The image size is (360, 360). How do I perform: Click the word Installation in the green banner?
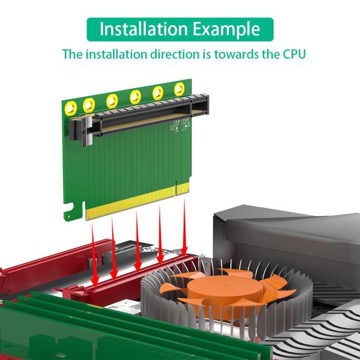point(142,29)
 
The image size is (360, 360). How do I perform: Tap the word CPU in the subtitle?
point(291,54)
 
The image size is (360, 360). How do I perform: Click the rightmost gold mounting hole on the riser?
point(178,90)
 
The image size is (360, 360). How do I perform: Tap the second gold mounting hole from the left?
point(91,104)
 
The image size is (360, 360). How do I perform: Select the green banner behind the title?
point(180,29)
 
